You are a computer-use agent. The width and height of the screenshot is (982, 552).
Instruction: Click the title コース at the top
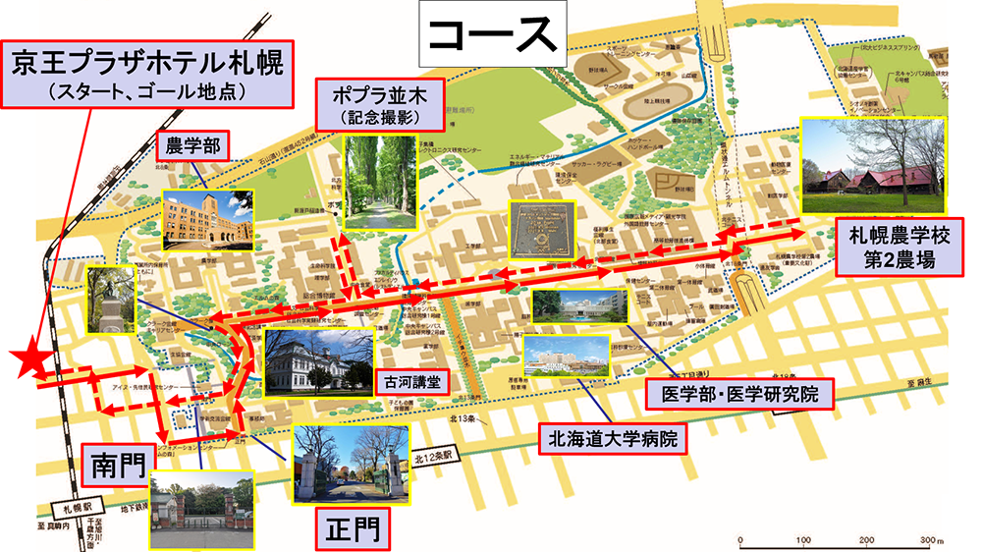490,36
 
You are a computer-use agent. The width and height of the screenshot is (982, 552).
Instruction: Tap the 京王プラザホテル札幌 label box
147,76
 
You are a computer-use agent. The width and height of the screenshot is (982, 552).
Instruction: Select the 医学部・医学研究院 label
733,395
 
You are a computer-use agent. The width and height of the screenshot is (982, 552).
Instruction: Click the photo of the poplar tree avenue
379,184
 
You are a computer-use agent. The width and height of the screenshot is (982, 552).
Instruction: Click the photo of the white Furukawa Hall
318,361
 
